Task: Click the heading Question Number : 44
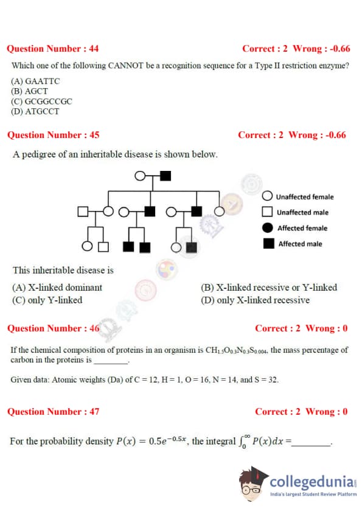52,49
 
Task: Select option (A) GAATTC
35,81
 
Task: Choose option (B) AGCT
29,91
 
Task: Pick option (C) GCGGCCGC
41,101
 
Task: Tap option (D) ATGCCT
35,111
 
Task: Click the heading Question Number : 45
54,135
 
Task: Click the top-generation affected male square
165,176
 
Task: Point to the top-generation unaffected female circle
140,176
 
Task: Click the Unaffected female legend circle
267,196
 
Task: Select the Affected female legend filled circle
267,227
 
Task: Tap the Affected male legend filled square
268,243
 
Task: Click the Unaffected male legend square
267,212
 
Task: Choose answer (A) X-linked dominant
57,288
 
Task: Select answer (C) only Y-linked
47,300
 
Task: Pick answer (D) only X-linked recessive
255,300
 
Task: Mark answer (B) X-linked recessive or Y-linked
269,288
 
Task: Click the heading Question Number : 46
54,328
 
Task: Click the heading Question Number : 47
54,412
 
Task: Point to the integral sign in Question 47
242,442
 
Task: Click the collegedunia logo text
312,482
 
